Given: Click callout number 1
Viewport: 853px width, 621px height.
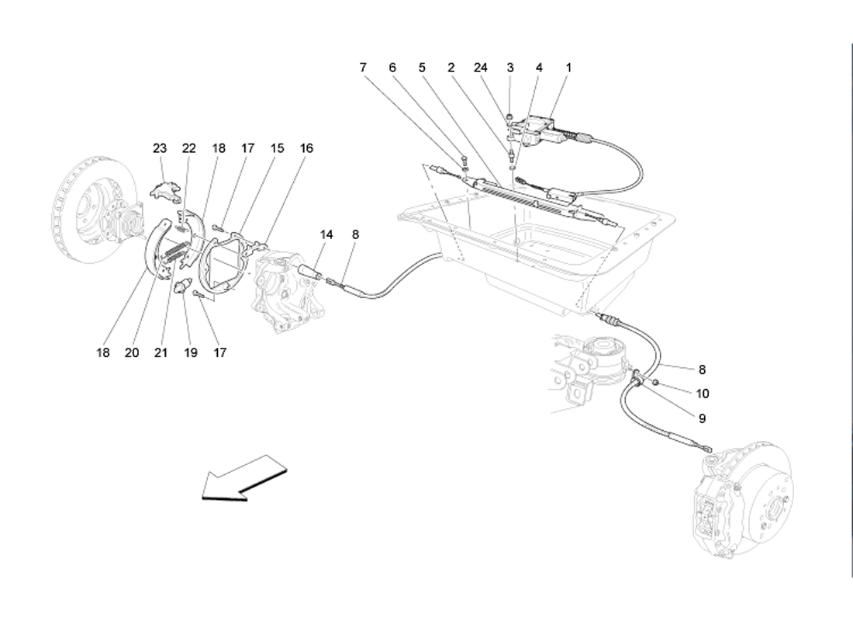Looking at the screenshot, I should point(568,68).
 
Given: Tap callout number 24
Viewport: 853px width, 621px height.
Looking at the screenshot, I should point(480,68).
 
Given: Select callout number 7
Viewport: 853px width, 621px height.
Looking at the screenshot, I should point(363,68).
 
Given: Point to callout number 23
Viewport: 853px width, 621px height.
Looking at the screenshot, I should point(160,148).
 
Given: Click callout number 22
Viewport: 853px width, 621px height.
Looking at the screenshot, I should point(189,148).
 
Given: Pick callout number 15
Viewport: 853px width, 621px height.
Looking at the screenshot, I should point(277,148).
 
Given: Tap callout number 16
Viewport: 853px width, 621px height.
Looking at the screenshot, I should point(307,148).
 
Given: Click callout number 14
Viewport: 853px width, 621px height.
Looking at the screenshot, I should point(326,234).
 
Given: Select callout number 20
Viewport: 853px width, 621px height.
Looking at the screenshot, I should point(132,352).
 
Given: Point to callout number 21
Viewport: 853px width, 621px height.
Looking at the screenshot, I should point(161,352).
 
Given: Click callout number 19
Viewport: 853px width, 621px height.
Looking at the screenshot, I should point(191,352).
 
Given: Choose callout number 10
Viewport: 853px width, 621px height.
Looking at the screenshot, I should point(703,394).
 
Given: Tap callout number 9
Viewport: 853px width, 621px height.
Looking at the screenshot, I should point(702,418).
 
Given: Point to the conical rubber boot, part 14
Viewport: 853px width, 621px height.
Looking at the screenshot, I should point(311,273).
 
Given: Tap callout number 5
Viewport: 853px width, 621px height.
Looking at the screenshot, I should point(423,68).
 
